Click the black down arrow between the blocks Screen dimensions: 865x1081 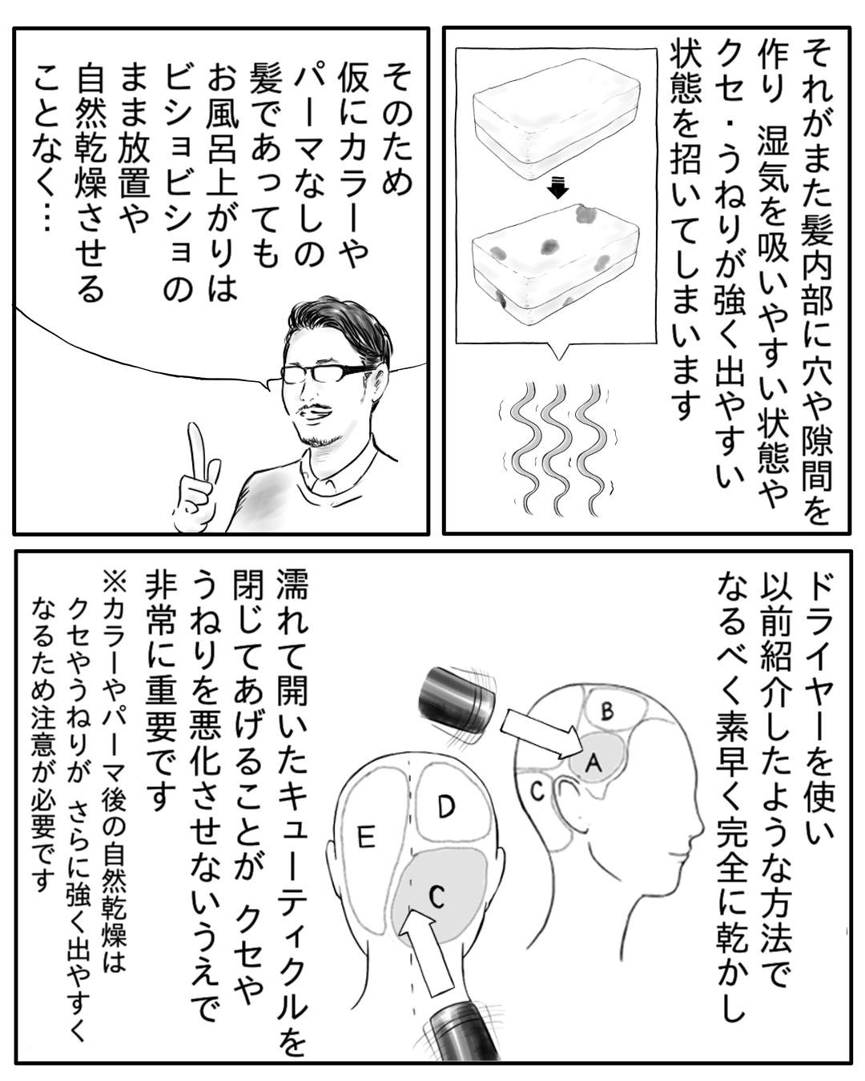[x=557, y=188]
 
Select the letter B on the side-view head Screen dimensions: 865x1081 [x=607, y=710]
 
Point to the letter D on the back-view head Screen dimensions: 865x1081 [x=445, y=806]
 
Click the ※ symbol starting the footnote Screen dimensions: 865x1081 [x=115, y=585]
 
